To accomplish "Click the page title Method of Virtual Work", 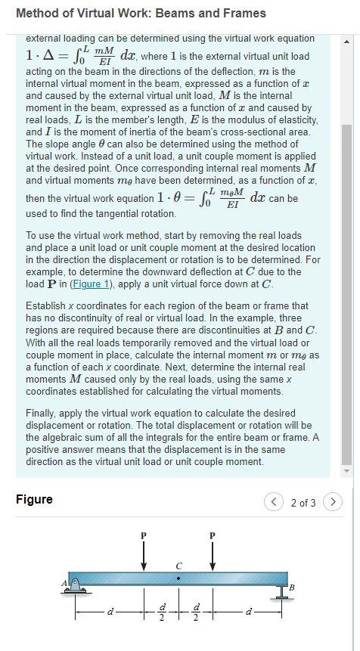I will [x=141, y=13].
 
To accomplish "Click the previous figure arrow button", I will [x=274, y=501].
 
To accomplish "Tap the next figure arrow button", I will [x=333, y=501].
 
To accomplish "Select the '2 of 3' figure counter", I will [x=303, y=502].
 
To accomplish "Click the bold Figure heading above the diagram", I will [x=34, y=499].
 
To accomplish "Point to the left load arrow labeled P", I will [x=144, y=557].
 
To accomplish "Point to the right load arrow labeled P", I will [x=213, y=557].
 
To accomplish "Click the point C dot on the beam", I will [x=178, y=578].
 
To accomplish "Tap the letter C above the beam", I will [x=178, y=565].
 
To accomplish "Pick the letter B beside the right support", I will [x=292, y=587].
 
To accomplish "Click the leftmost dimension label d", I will [x=110, y=611].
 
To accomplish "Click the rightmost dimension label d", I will [x=247, y=611].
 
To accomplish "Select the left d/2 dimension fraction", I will [x=161, y=611].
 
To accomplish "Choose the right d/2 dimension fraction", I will [x=196, y=611].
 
